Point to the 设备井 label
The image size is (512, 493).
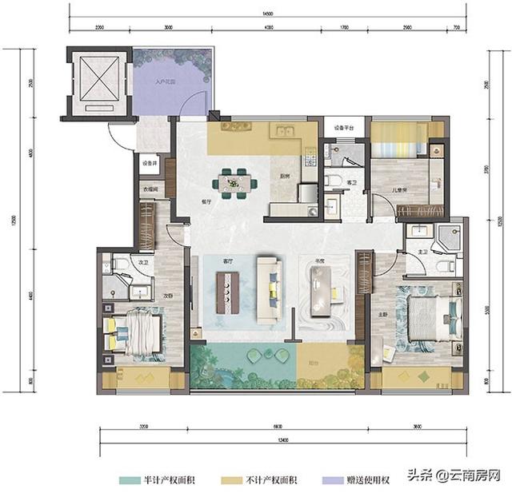(x=150, y=163)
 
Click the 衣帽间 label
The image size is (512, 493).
(x=150, y=190)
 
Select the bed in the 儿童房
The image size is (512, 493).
(x=399, y=147)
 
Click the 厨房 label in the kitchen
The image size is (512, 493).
(x=283, y=177)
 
